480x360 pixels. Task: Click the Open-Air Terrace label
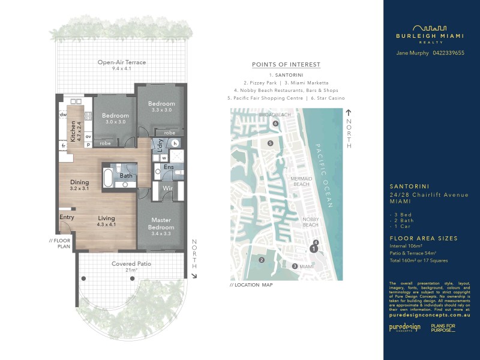point(122,62)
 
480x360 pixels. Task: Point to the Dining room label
point(79,182)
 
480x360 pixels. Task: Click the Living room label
point(106,218)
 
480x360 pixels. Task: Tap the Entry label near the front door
point(66,217)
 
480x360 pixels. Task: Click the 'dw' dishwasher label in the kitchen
point(62,114)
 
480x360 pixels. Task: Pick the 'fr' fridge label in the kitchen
point(62,145)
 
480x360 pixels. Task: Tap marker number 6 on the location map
point(275,124)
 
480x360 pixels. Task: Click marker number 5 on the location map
point(271,143)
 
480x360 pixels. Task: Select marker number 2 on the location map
point(262,260)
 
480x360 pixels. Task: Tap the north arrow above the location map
point(348,113)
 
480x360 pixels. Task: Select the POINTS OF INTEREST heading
point(286,65)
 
